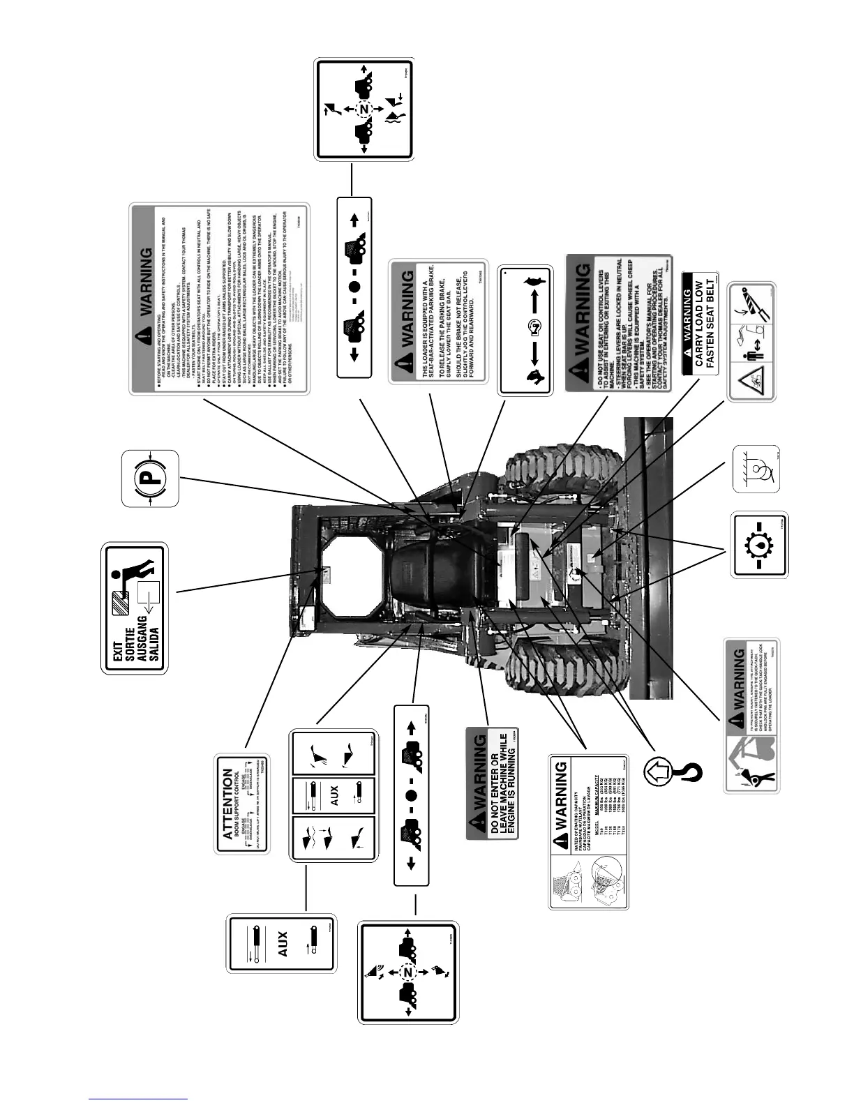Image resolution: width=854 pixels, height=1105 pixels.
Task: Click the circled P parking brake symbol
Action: [150, 479]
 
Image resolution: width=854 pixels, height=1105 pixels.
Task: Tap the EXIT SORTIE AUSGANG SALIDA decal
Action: [135, 608]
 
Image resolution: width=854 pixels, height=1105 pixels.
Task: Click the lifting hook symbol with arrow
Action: [673, 769]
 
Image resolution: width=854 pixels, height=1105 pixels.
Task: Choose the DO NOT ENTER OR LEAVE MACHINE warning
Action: [496, 783]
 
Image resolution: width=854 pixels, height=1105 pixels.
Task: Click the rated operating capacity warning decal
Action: [589, 832]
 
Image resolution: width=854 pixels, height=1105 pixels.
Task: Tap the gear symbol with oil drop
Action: [760, 546]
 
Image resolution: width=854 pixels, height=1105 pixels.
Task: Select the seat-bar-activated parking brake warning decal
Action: [437, 321]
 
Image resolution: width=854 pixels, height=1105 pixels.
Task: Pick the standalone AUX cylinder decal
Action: [283, 954]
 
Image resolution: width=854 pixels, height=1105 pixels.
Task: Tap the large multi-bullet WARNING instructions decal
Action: [219, 299]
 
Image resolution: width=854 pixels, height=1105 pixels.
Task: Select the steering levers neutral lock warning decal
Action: [619, 322]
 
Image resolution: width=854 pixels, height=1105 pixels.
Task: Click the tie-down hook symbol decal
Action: [756, 469]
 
